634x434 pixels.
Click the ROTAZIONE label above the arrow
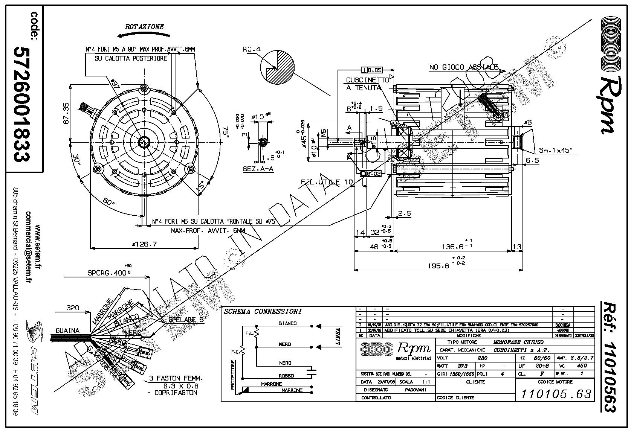145,27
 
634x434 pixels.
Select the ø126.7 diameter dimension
144,244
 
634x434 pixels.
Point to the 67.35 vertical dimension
66,113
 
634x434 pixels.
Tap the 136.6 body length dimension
452,247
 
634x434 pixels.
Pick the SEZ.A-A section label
258,169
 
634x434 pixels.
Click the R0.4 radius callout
252,49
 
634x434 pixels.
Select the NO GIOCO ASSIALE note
464,67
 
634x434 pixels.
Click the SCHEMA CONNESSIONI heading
263,312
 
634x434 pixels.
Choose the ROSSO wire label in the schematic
286,376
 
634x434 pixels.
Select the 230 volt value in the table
482,358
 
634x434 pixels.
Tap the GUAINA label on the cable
68,331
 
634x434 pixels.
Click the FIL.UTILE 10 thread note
327,182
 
